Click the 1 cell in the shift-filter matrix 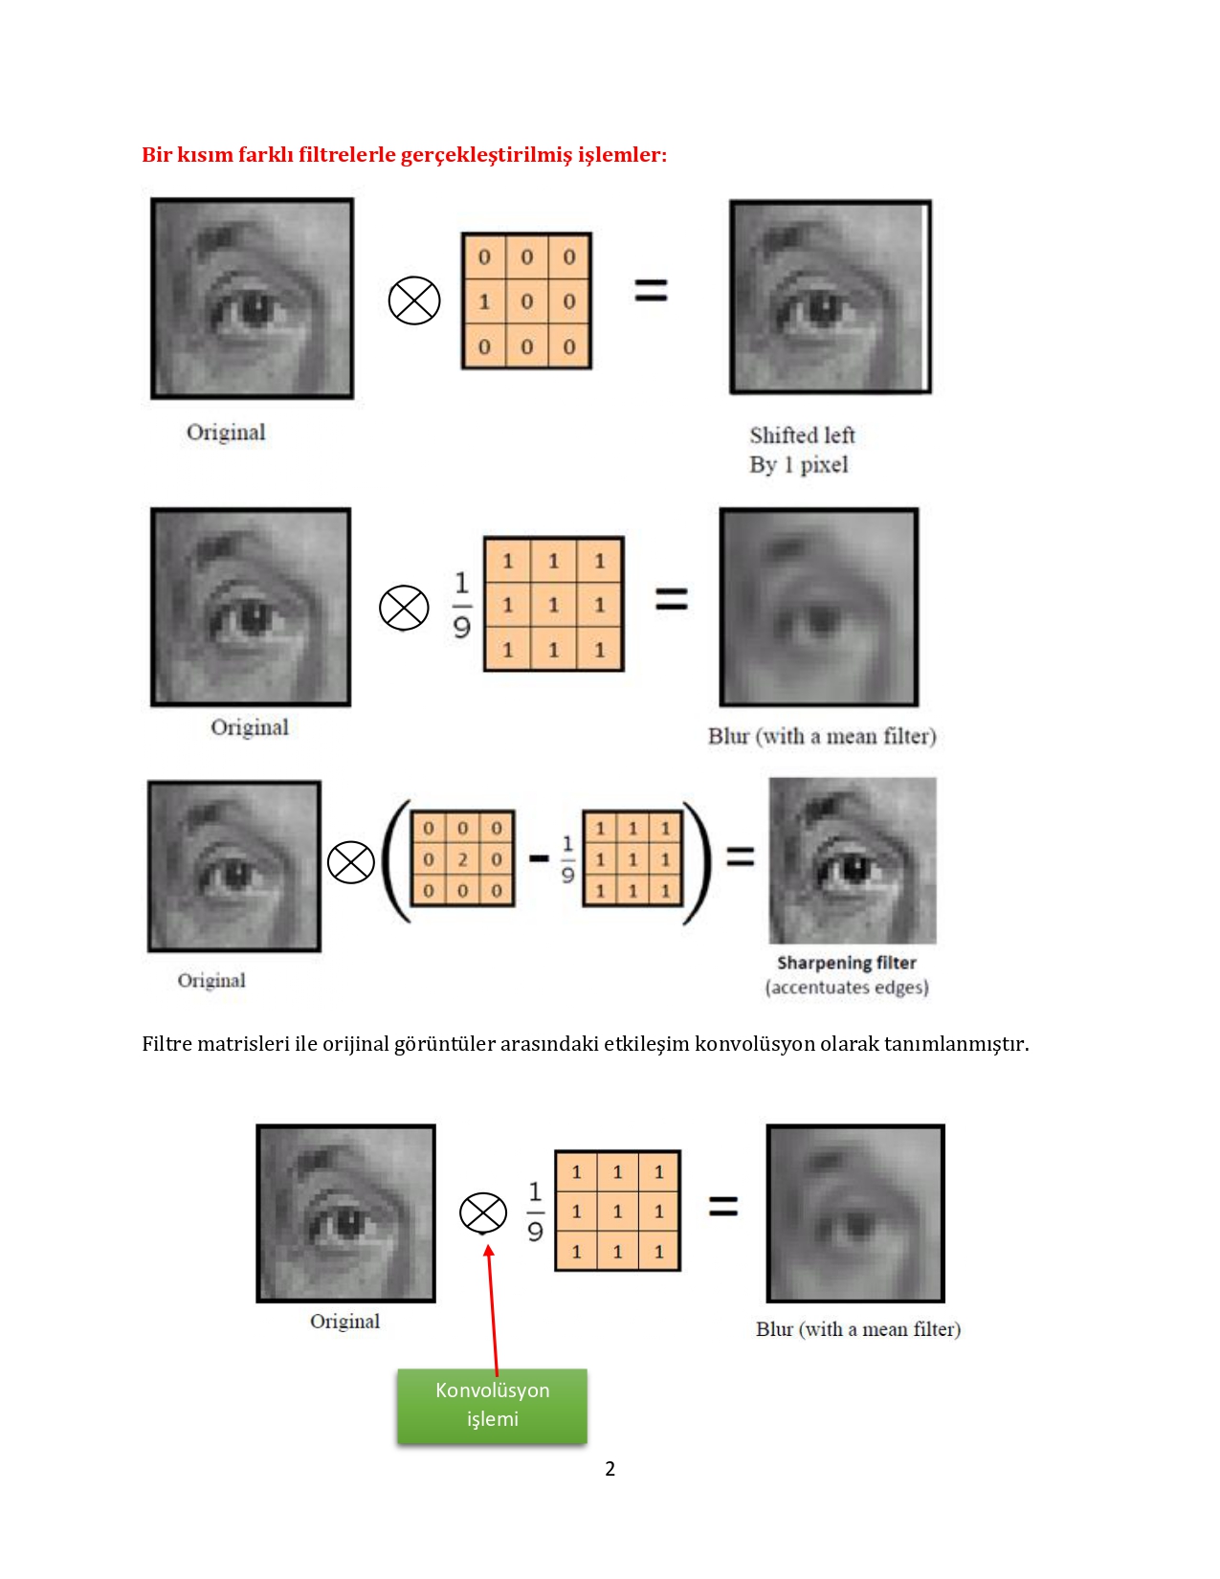[484, 301]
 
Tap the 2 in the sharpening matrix [462, 859]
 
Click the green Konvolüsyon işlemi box [492, 1405]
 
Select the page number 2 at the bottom [610, 1469]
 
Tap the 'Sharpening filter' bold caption [846, 963]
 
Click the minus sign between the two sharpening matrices [539, 858]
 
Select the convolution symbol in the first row [414, 300]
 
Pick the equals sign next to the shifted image [651, 290]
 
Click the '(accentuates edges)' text [847, 988]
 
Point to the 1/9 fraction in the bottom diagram [535, 1211]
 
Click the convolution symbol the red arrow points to [483, 1212]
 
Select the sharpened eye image [853, 860]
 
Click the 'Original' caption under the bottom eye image [344, 1322]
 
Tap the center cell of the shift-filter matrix [526, 301]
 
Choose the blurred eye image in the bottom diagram [855, 1212]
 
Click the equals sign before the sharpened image [740, 856]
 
